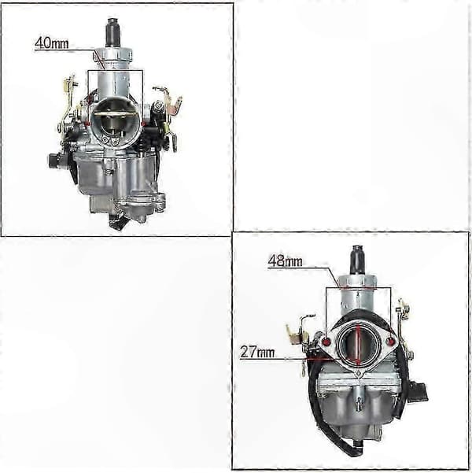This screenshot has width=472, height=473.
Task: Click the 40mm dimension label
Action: [x=52, y=43]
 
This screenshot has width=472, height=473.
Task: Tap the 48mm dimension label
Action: [x=285, y=261]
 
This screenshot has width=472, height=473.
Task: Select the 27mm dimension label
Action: [x=257, y=352]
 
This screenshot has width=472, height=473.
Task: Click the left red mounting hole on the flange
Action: [x=326, y=342]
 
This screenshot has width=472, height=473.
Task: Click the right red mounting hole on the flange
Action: [x=390, y=342]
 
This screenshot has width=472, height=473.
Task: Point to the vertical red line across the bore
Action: [x=358, y=345]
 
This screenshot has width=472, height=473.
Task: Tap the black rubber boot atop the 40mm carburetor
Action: [x=112, y=32]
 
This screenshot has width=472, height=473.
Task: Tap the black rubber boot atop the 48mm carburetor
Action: [x=357, y=260]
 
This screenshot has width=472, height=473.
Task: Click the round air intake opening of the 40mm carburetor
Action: [x=116, y=123]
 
